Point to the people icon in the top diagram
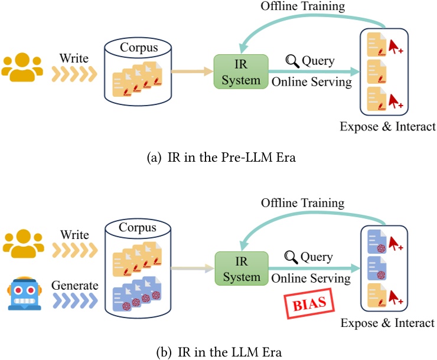22,67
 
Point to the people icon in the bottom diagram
22,243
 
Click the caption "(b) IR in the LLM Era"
218,352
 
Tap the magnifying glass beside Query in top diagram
291,60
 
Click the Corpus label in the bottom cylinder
140,227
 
